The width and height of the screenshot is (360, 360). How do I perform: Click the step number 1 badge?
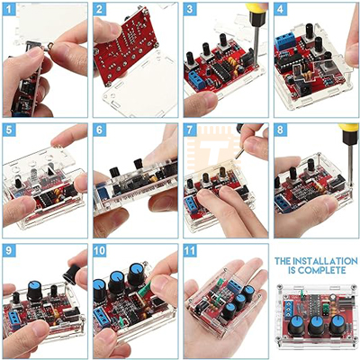click(9, 10)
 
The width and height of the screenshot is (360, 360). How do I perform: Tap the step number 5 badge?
click(9, 130)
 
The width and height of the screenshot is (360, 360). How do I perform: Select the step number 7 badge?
click(190, 130)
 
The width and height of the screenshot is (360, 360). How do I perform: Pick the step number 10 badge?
click(100, 250)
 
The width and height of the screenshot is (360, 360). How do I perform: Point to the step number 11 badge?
click(190, 250)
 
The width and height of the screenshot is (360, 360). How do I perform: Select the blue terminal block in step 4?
click(285, 42)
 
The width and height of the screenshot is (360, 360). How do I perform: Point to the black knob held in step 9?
click(71, 274)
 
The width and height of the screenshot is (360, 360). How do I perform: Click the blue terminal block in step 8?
click(283, 203)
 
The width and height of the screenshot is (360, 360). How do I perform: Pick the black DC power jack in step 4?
click(303, 88)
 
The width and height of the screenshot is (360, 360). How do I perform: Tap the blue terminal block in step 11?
click(235, 285)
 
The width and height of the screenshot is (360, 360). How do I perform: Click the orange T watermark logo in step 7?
click(213, 148)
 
